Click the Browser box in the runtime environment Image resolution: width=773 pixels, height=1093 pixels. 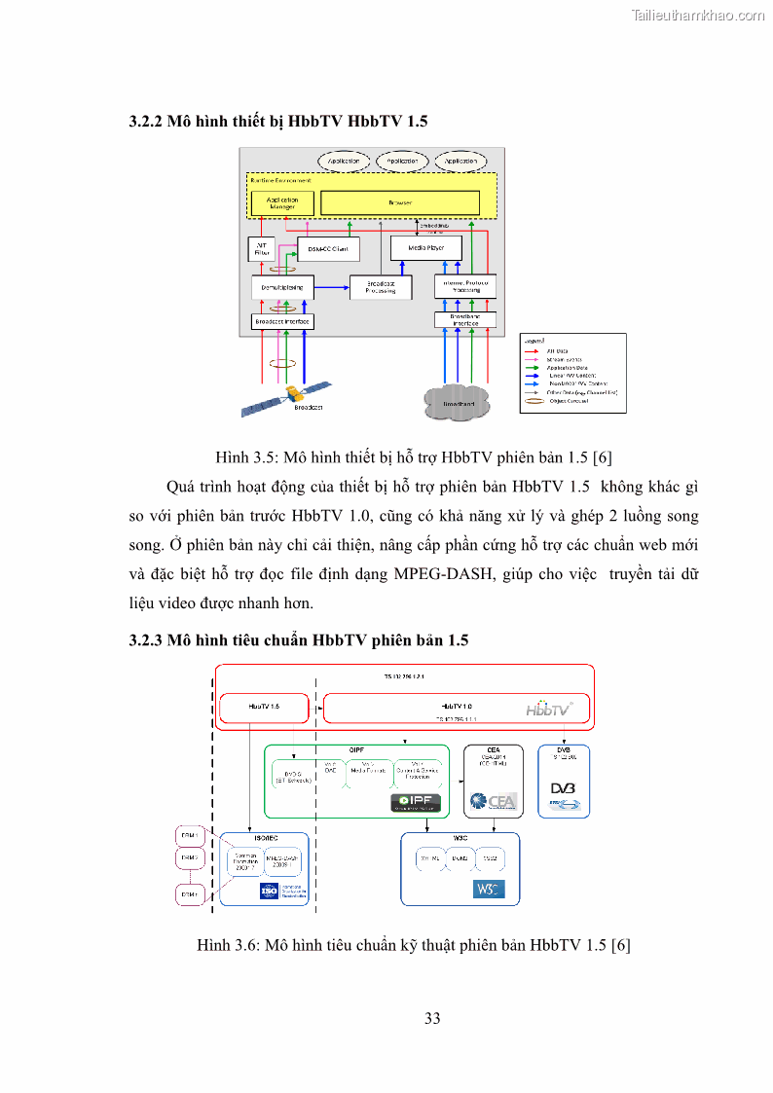click(400, 202)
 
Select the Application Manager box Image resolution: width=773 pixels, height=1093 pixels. click(282, 202)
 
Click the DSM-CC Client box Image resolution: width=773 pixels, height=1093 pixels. click(327, 249)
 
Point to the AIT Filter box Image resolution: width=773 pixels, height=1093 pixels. click(261, 248)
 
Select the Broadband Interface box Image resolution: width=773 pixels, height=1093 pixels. click(465, 320)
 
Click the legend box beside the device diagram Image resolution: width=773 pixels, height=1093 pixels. click(573, 374)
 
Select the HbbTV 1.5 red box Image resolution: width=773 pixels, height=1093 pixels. click(265, 708)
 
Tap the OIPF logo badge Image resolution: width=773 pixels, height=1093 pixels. click(416, 803)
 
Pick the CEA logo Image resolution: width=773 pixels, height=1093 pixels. click(494, 801)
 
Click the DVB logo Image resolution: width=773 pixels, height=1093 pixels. click(564, 790)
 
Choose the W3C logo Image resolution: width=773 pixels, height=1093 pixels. click(489, 889)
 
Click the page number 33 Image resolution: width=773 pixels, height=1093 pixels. click(433, 1019)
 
